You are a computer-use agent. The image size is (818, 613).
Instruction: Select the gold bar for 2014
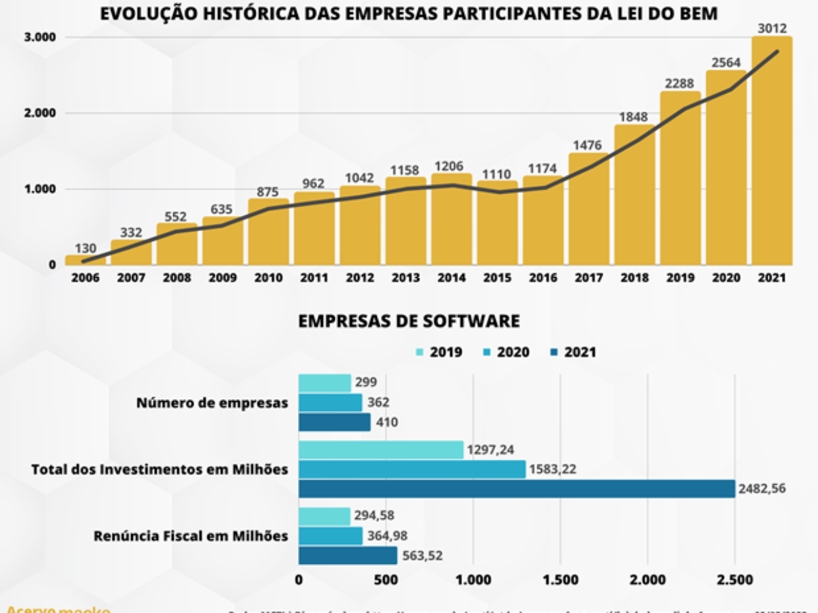[451, 221]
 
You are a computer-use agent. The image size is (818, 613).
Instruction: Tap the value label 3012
[773, 29]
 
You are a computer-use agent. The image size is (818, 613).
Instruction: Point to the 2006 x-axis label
[85, 278]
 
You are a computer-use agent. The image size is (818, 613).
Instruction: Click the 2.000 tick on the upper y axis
[42, 113]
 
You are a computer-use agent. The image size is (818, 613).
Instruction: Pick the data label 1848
[633, 116]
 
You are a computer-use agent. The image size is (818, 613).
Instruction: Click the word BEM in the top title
[697, 14]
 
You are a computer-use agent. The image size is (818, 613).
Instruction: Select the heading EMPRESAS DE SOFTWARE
[409, 321]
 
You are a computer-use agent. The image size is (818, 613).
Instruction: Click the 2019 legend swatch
[419, 352]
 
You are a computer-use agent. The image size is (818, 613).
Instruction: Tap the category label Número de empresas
[212, 403]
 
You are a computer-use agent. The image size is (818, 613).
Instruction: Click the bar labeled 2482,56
[517, 488]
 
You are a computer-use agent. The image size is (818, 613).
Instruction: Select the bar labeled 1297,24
[381, 450]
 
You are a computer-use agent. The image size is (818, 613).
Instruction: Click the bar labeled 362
[331, 403]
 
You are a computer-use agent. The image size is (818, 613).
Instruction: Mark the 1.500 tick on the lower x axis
[560, 580]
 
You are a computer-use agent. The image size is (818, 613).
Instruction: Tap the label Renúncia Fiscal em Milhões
[191, 536]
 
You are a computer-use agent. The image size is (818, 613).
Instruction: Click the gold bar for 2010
[268, 232]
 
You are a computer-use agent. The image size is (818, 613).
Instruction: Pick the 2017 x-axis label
[588, 278]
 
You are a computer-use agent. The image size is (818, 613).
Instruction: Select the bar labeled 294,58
[324, 516]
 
